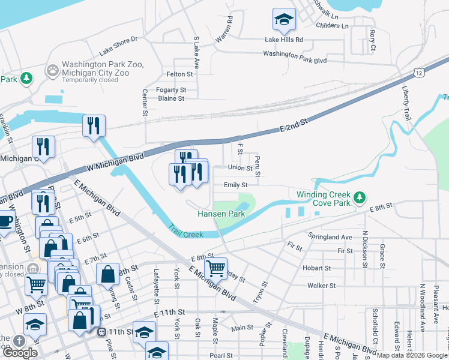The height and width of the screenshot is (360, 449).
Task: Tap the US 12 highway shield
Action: coord(418,73)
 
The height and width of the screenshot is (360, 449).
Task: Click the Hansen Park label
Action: coord(221,214)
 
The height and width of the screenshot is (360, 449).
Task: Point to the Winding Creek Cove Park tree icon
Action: coord(360,197)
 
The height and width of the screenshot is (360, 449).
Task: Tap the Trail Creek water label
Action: coord(187,231)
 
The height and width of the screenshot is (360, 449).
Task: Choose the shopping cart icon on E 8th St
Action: coord(215,268)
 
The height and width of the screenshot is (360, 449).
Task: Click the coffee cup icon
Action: coord(5,221)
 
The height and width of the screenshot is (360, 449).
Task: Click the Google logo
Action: coord(20,353)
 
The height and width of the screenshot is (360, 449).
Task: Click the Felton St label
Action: coord(179,74)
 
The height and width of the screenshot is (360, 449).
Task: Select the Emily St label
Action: coord(236,185)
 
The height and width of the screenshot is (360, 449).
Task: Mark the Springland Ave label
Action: coord(330,237)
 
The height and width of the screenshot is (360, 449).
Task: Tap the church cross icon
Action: coord(19,340)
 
